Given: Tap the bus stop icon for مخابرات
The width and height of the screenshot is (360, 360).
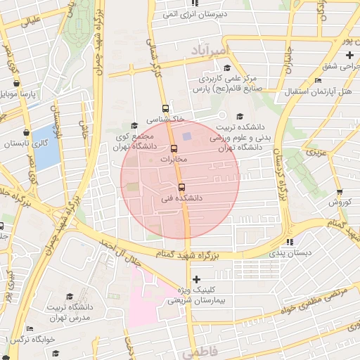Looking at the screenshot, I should (174, 148).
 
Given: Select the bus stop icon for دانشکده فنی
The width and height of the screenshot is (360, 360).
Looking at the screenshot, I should (182, 187).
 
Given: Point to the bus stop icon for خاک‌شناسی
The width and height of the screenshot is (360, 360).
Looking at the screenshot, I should (165, 108).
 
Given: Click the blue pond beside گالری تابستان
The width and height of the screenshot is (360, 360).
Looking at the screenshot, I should (45, 147).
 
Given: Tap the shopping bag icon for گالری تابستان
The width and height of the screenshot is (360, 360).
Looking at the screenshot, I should (27, 132).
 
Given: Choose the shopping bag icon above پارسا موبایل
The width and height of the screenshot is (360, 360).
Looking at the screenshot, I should (27, 82).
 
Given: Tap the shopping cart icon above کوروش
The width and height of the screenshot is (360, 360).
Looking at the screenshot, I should (340, 192).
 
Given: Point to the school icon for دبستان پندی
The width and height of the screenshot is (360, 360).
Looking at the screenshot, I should (307, 243).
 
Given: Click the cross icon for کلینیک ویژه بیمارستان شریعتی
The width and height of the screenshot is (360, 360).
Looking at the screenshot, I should (196, 279).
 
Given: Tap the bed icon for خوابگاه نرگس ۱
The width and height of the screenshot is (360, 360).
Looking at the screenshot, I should (30, 328).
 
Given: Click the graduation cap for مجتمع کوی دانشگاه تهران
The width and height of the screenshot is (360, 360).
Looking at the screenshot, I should (134, 126).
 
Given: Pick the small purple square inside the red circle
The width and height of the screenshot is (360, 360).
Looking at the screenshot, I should (186, 136).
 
